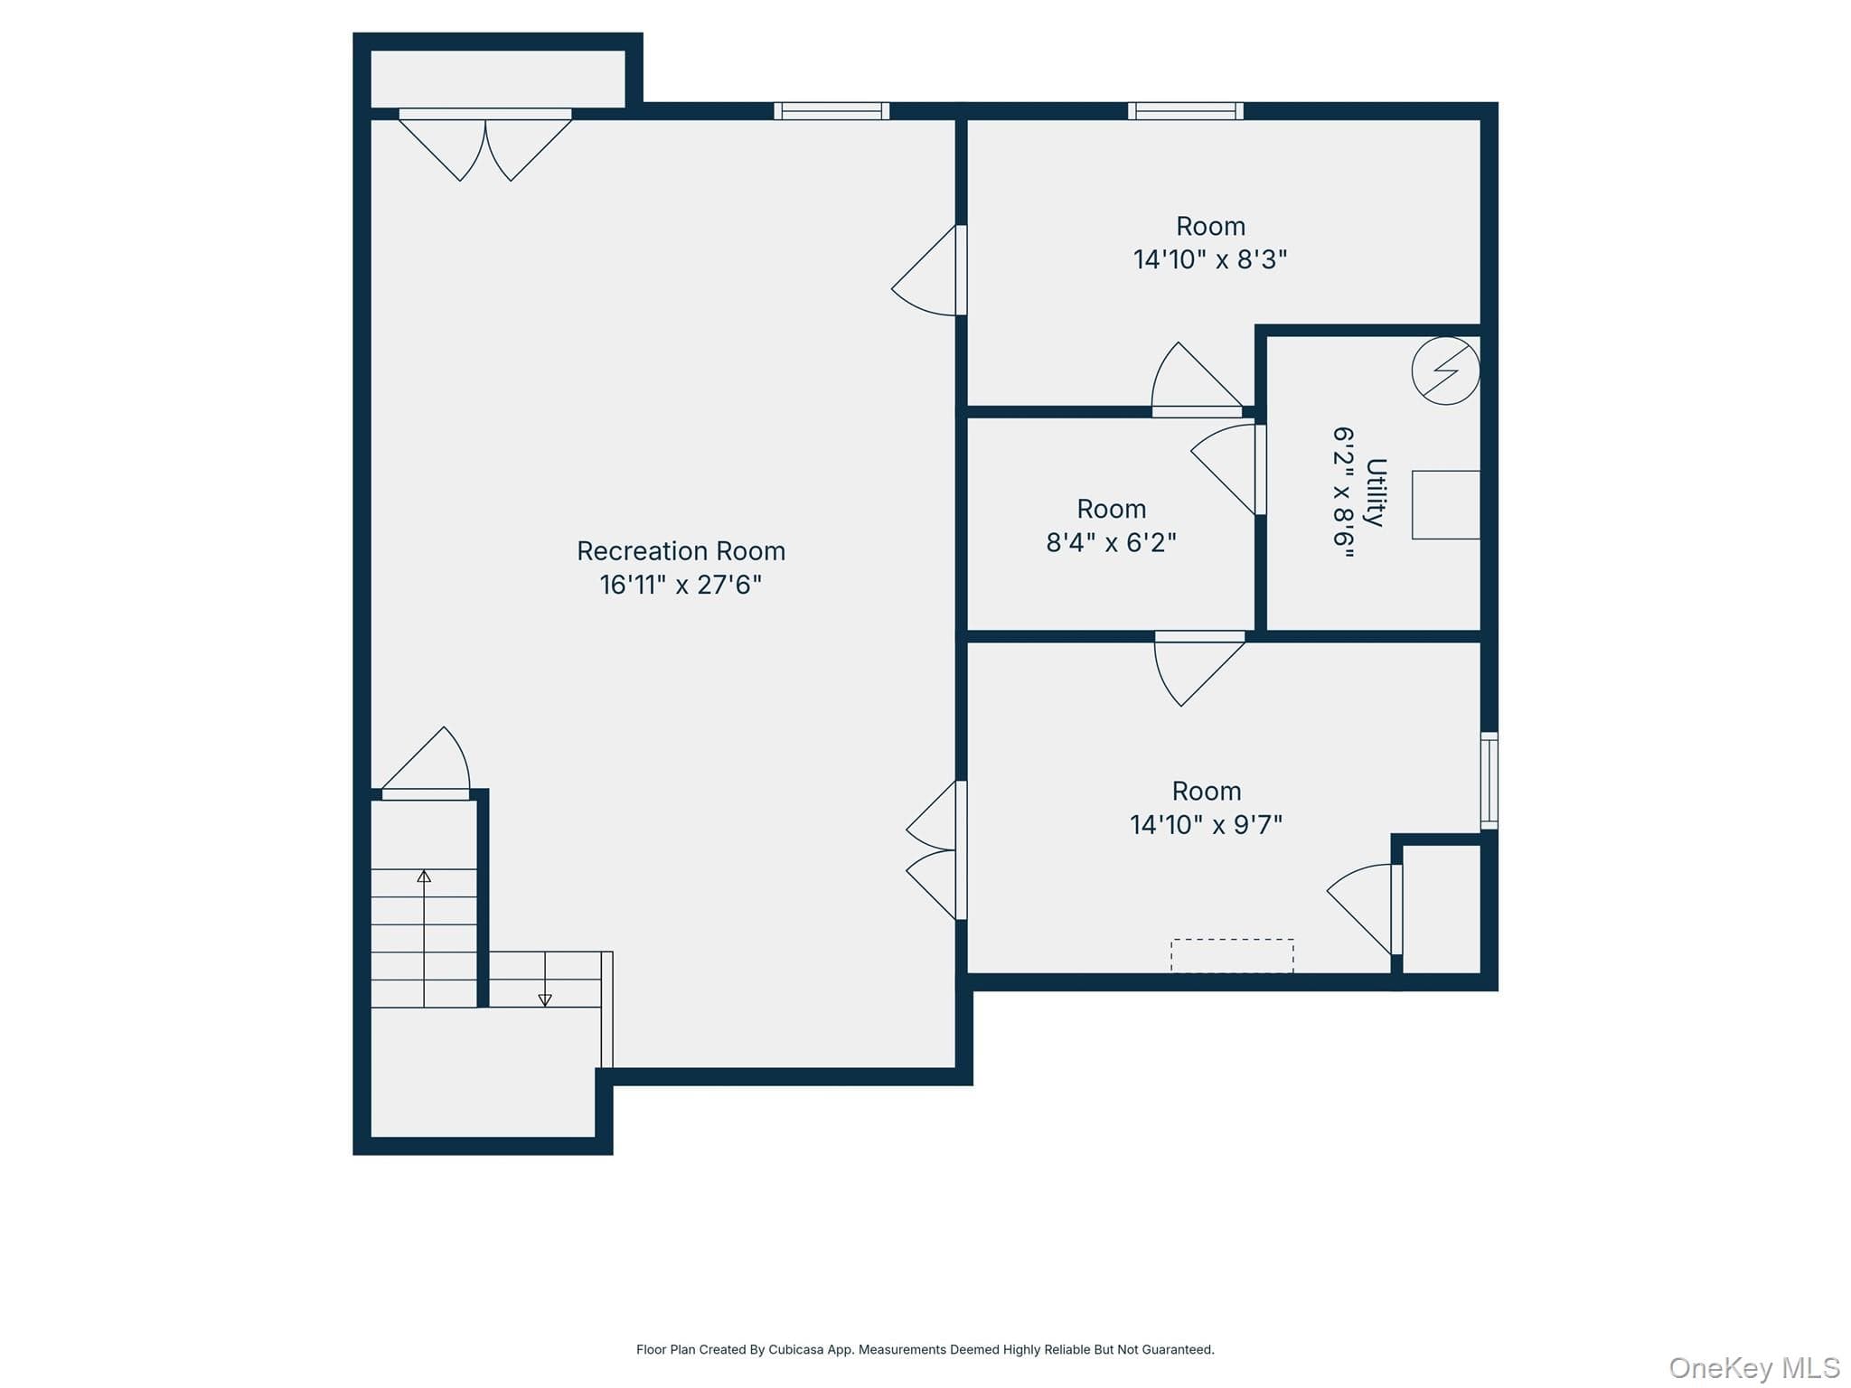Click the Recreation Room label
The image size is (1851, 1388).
(x=681, y=551)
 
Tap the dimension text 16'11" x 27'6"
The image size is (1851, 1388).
(x=681, y=585)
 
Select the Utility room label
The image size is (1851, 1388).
(x=1376, y=492)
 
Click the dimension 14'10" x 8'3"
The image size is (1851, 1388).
(x=1210, y=259)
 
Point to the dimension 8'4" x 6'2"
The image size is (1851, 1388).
(x=1111, y=542)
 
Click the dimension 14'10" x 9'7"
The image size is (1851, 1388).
(x=1206, y=824)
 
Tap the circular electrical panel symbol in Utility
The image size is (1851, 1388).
(x=1445, y=370)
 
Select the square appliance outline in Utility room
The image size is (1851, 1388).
(x=1446, y=505)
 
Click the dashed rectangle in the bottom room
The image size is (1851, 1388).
(x=1232, y=955)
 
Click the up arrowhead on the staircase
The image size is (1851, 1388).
(x=424, y=876)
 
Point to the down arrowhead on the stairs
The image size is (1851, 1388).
(x=545, y=1000)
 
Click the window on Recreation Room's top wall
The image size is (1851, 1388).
(x=832, y=111)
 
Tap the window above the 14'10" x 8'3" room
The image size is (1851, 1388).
(x=1186, y=111)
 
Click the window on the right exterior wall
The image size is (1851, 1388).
(x=1489, y=781)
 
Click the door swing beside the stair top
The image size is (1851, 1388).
(x=426, y=764)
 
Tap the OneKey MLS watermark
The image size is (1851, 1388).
(x=1754, y=1368)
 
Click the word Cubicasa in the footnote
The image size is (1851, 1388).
(x=796, y=1350)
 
